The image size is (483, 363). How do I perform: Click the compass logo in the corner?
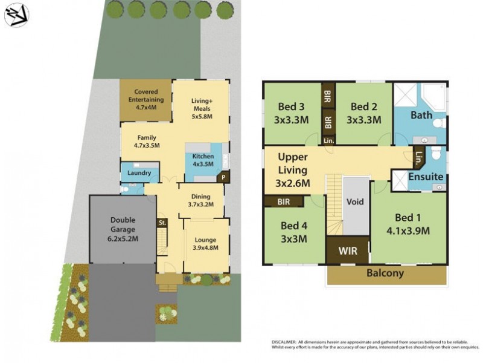pyautogui.click(x=16, y=15)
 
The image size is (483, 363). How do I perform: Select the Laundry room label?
pyautogui.click(x=139, y=173)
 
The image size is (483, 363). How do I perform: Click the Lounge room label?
pyautogui.click(x=206, y=238)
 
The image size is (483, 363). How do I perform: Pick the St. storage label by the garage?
pyautogui.click(x=162, y=223)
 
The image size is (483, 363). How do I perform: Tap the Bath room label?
pyautogui.click(x=421, y=115)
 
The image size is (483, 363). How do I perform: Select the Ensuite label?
pyautogui.click(x=426, y=177)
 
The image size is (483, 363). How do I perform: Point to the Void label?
pyautogui.click(x=355, y=202)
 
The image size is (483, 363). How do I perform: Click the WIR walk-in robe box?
pyautogui.click(x=347, y=249)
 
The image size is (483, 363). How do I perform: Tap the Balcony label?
pyautogui.click(x=386, y=273)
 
